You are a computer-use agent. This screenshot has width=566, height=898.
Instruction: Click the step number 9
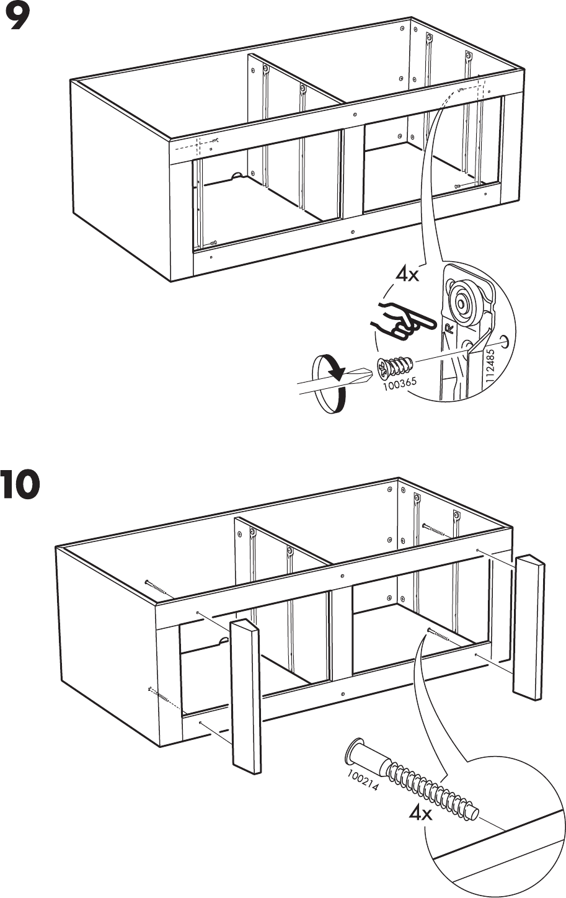[17, 19]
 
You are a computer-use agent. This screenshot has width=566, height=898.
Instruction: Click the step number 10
[20, 485]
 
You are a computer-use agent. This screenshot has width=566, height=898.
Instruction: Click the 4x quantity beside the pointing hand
[407, 274]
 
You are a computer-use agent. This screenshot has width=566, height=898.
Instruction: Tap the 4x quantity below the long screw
[421, 813]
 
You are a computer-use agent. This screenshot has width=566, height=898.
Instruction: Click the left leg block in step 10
[246, 695]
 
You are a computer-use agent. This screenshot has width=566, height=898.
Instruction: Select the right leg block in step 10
[529, 626]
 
